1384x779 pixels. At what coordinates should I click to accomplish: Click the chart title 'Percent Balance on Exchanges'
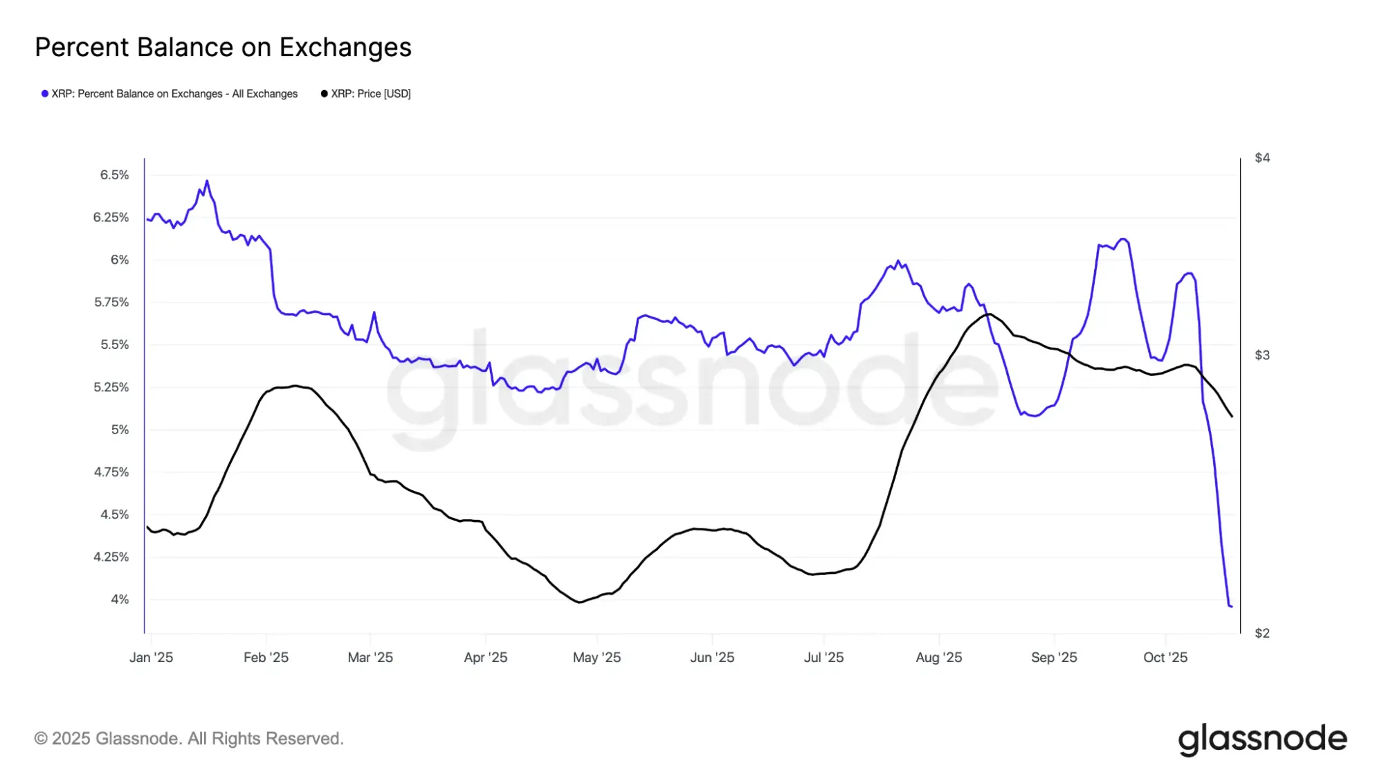(223, 47)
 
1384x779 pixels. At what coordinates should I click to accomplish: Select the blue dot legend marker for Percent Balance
(45, 93)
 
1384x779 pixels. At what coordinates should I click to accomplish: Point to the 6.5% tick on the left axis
(115, 175)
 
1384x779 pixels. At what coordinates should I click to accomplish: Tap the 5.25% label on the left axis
(111, 387)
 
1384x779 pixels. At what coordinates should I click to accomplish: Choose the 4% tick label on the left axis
(120, 599)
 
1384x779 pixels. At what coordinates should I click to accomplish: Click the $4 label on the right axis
(1262, 158)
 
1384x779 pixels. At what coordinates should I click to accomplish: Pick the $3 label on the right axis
(1262, 355)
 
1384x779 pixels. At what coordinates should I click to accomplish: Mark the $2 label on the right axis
(1262, 633)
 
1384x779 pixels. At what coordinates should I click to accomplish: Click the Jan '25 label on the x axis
(151, 657)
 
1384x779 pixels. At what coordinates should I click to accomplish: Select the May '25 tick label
(597, 657)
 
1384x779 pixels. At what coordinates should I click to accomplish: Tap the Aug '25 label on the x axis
(938, 657)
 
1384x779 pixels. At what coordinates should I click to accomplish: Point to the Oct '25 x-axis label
(1165, 657)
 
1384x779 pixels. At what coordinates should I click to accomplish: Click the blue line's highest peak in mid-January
(207, 181)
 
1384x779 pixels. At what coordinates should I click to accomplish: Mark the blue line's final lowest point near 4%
(1230, 607)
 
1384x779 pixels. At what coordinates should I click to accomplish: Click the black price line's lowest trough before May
(579, 602)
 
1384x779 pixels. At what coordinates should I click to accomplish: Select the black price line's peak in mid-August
(990, 314)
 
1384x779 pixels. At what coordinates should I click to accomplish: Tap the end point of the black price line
(1232, 416)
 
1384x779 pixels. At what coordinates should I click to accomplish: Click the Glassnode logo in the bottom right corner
(1262, 739)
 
